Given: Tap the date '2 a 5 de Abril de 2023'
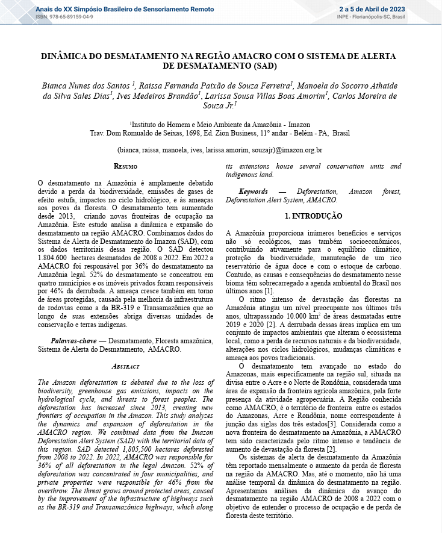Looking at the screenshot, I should coord(372,9).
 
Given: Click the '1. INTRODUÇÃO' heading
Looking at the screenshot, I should coord(313,216).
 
